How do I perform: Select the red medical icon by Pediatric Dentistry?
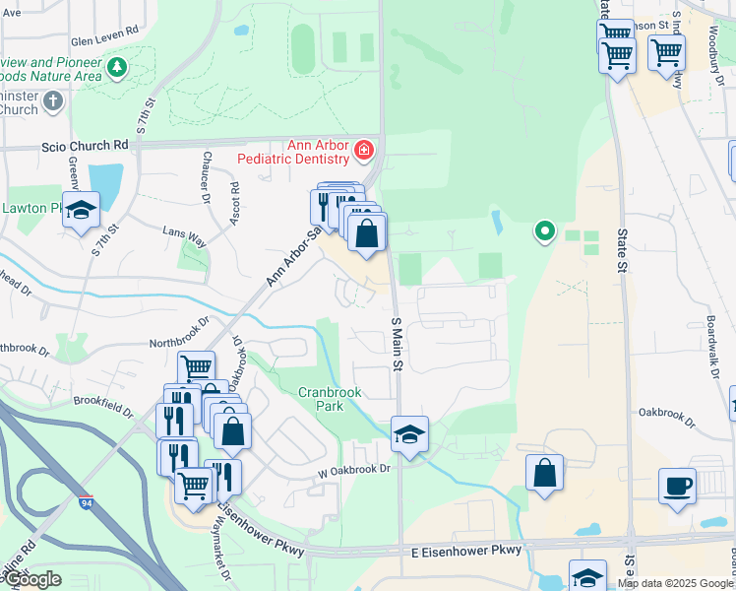pos(364,150)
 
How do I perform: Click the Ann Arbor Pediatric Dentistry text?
pos(318,152)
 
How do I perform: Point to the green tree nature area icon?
pos(118,67)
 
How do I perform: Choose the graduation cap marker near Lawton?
pos(81,209)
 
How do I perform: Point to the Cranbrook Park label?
pos(331,399)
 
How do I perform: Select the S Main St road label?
pos(399,344)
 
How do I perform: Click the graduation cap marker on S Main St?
pos(409,432)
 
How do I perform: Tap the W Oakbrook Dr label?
pos(354,470)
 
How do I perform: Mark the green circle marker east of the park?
pos(543,232)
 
